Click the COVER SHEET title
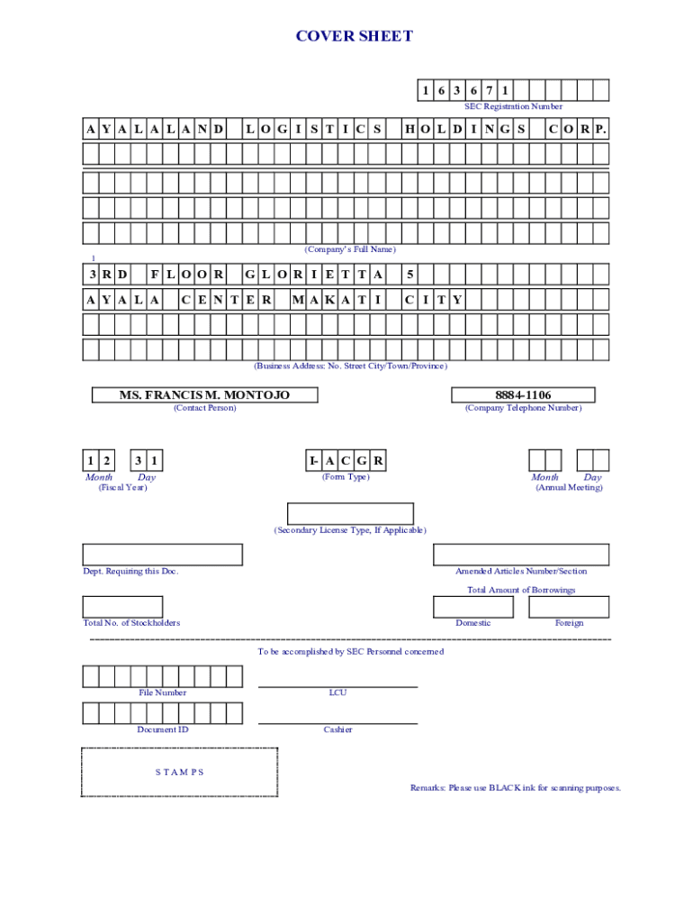pos(355,36)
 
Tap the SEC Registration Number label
pos(513,106)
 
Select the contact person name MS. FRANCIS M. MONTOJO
pos(204,394)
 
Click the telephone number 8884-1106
pos(523,394)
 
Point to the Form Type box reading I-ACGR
pos(346,461)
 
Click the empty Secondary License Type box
pos(350,513)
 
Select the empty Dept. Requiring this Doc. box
pos(162,555)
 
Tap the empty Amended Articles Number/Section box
pos(520,555)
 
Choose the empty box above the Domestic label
pos(473,607)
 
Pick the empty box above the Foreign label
pos(569,607)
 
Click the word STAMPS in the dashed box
pos(179,772)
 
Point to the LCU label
pos(337,692)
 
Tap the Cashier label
pos(337,729)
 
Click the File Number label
pos(163,692)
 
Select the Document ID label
pos(163,729)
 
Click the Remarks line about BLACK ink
pos(516,788)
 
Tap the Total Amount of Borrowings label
pos(521,590)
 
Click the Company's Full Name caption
pos(350,249)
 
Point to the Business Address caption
pos(350,366)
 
